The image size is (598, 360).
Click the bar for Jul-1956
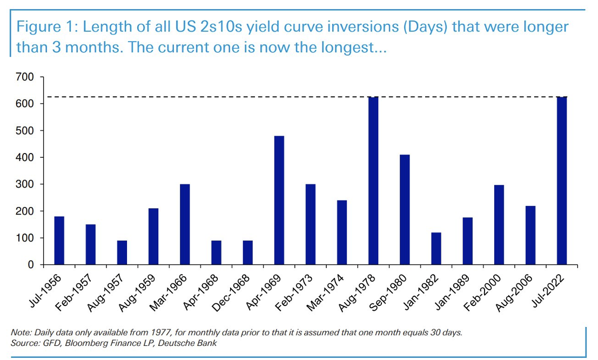coord(59,241)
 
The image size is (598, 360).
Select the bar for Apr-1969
coord(279,201)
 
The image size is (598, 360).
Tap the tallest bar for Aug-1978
coord(373,181)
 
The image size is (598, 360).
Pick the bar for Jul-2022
coord(562,181)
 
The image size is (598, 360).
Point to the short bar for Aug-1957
coord(122,252)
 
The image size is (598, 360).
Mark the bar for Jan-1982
coord(436,249)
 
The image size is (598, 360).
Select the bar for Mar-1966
coord(185,224)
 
